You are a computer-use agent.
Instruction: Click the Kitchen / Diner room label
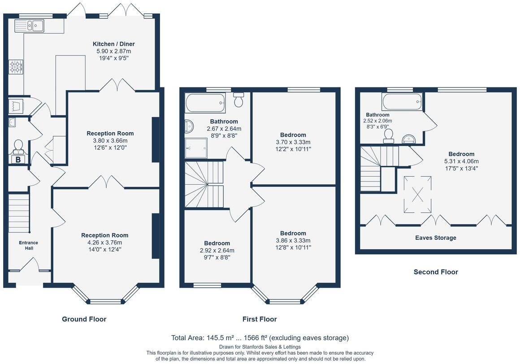pyautogui.click(x=113, y=44)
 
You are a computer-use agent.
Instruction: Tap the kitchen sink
pyautogui.click(x=30, y=26)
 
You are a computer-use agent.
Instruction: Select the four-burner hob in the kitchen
pyautogui.click(x=16, y=66)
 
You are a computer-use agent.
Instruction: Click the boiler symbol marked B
pyautogui.click(x=18, y=160)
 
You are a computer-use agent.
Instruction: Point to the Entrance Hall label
pyautogui.click(x=29, y=245)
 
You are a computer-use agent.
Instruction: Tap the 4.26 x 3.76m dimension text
pyautogui.click(x=105, y=243)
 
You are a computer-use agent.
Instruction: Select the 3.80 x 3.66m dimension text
pyautogui.click(x=110, y=141)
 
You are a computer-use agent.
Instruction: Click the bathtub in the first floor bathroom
pyautogui.click(x=206, y=103)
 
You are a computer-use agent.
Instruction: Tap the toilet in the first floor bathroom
pyautogui.click(x=238, y=99)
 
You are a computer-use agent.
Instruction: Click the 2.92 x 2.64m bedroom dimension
pyautogui.click(x=217, y=250)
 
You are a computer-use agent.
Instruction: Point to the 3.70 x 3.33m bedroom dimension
pyautogui.click(x=293, y=142)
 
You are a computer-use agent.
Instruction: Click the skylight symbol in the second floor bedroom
pyautogui.click(x=417, y=194)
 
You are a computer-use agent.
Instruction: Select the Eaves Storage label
pyautogui.click(x=436, y=238)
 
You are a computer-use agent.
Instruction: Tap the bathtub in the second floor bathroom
pyautogui.click(x=402, y=102)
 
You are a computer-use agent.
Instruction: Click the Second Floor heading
pyautogui.click(x=436, y=272)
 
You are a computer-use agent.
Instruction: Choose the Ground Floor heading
pyautogui.click(x=84, y=319)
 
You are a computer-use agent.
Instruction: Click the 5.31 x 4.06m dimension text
pyautogui.click(x=461, y=161)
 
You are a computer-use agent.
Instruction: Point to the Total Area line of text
pyautogui.click(x=260, y=338)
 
